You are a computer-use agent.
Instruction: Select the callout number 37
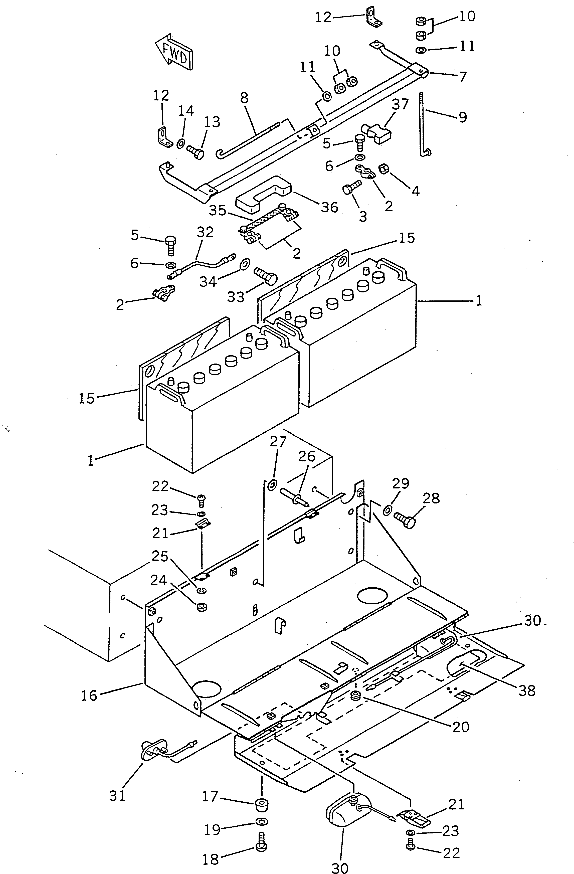coord(400,104)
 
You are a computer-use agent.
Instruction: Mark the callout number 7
coord(463,77)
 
